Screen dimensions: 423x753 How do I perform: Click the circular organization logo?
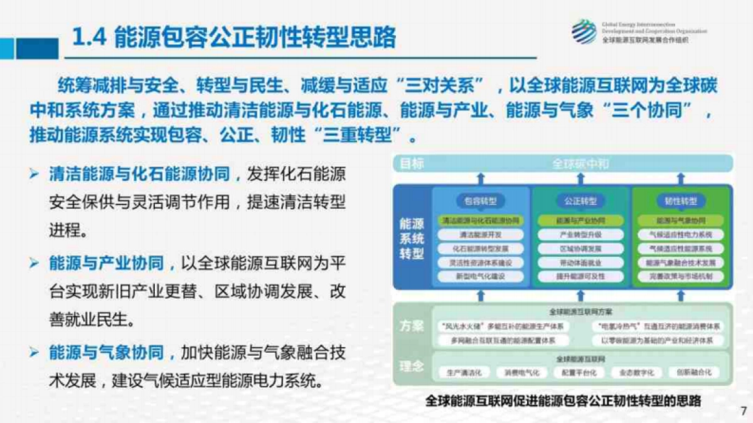(x=584, y=31)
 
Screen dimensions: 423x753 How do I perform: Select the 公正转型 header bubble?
(x=580, y=201)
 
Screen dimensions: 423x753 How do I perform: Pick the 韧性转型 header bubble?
(x=681, y=201)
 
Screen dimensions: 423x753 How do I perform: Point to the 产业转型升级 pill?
(x=580, y=234)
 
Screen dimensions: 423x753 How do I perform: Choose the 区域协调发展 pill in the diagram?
(x=580, y=248)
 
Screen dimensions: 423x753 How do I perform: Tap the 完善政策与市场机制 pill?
(x=681, y=276)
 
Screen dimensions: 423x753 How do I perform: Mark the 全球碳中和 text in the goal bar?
(x=580, y=164)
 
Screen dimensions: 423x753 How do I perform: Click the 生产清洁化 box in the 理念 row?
(x=464, y=372)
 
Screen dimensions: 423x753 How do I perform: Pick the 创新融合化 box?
(x=693, y=372)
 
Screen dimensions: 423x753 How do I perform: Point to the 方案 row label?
(x=412, y=326)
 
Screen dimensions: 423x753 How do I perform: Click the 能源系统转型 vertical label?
(x=412, y=239)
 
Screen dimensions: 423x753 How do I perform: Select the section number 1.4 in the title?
(x=89, y=38)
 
